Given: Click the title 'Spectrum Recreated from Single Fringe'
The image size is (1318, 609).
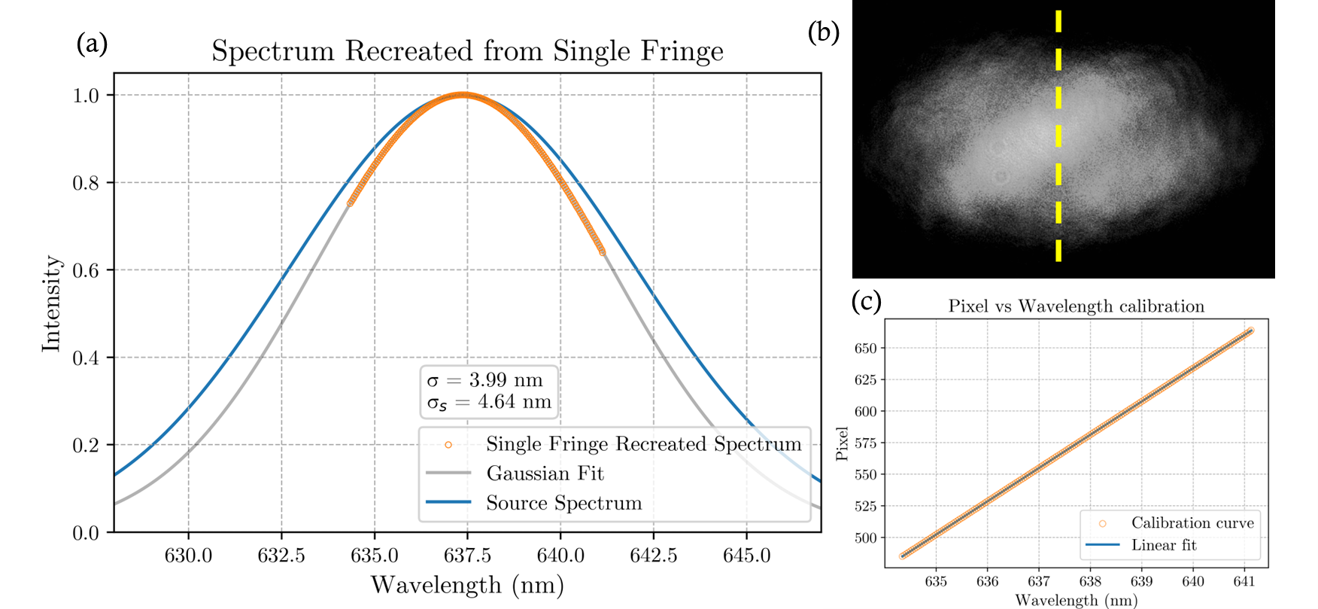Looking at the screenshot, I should tap(467, 51).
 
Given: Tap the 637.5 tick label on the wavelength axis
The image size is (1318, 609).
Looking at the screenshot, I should tap(467, 556).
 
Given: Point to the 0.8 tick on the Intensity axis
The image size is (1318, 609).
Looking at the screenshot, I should tap(86, 183).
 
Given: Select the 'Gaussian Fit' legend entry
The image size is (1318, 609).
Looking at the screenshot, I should tap(545, 473).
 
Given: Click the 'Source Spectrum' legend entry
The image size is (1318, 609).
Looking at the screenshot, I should tap(563, 503).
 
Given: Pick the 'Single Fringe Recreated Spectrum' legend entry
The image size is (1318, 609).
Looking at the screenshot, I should tap(643, 444).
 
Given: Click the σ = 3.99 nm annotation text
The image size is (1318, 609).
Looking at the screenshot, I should tap(485, 380).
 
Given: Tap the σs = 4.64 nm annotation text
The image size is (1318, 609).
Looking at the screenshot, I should tap(489, 402).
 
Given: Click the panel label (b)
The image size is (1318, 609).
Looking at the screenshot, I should tap(823, 32).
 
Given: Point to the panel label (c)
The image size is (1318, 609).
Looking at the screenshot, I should tap(866, 301).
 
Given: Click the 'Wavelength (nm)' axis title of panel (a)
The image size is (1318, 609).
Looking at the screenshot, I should tap(467, 585).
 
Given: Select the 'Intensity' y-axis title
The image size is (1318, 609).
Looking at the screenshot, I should tap(51, 303).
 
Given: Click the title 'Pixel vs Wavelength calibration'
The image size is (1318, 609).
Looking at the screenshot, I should tap(1076, 306).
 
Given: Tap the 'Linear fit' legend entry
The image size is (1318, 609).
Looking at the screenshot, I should tap(1163, 545).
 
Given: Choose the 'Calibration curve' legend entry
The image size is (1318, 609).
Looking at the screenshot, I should tap(1192, 523).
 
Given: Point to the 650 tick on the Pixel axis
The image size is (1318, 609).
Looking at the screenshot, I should tap(865, 349).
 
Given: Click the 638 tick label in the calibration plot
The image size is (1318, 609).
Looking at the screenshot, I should tap(1090, 581).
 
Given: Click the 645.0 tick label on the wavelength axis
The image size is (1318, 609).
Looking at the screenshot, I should tap(746, 556).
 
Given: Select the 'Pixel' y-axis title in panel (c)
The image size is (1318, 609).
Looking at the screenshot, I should tap(843, 444).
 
